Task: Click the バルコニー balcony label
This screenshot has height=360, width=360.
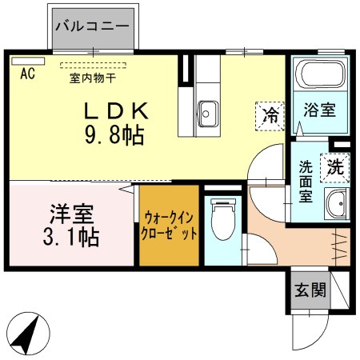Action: [x=92, y=26]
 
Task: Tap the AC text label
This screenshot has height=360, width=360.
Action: [x=26, y=75]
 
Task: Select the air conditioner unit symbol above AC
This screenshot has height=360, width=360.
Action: [x=27, y=61]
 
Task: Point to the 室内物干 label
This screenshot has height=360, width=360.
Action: [x=92, y=78]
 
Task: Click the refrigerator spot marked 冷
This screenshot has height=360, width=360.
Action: [x=271, y=114]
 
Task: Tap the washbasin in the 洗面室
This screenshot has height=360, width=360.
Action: [x=336, y=205]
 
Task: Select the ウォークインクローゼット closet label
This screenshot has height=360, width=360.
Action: [x=170, y=225]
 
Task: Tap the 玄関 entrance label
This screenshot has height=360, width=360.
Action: [x=309, y=290]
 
